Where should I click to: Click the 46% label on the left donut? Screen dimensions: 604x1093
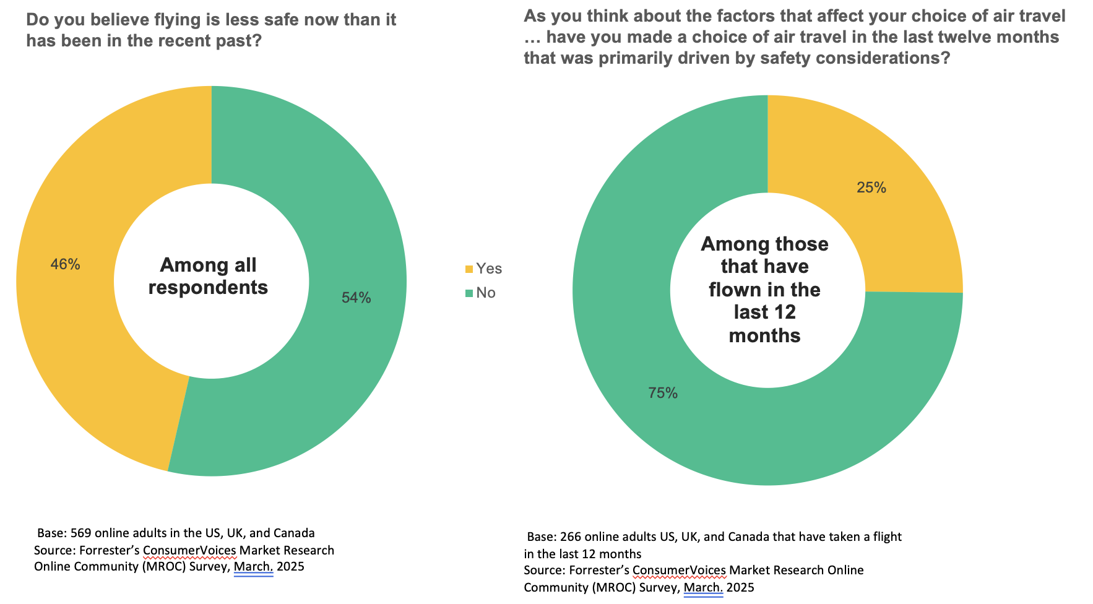point(65,264)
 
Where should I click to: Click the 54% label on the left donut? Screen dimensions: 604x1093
point(356,298)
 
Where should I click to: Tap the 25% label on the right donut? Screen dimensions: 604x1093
point(871,188)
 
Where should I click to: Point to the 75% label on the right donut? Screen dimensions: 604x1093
point(662,393)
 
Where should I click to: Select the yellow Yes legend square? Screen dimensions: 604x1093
point(469,269)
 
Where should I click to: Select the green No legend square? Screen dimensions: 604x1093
point(469,293)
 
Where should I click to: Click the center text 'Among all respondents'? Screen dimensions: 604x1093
point(208,276)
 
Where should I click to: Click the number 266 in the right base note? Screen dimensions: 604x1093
point(571,537)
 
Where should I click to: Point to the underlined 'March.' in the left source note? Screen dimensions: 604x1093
point(253,567)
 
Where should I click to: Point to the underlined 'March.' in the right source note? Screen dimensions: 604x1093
point(703,587)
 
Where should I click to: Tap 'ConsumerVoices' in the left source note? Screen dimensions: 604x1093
point(189,550)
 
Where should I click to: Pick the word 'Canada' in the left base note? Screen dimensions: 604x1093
point(293,533)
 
